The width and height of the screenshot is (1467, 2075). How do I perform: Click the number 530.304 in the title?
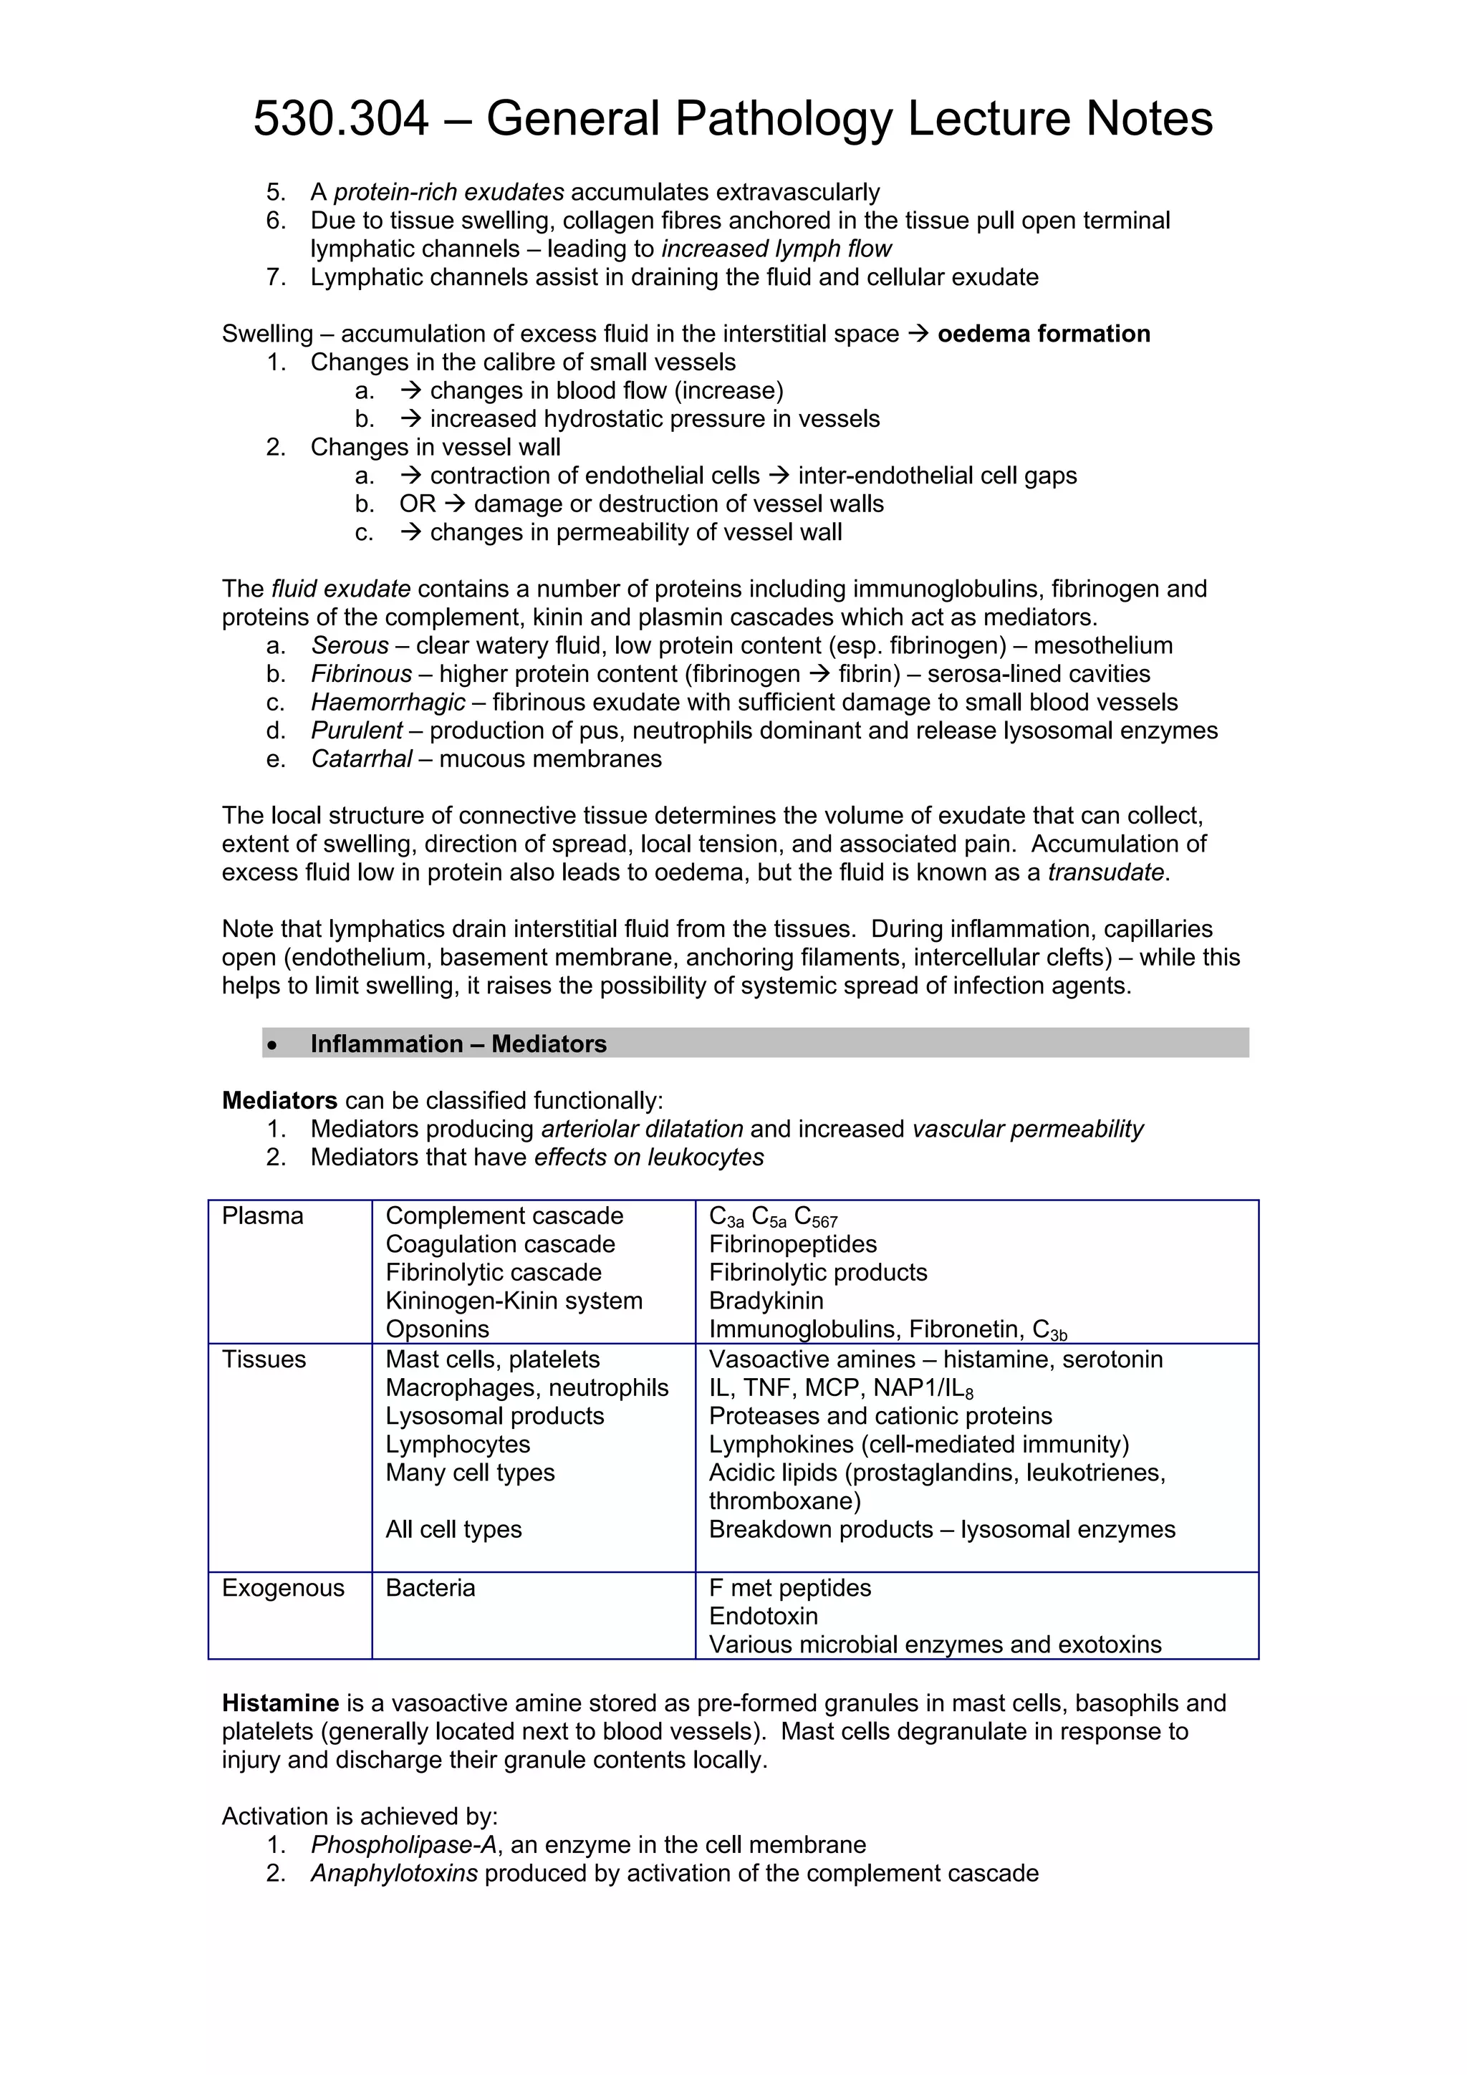[341, 118]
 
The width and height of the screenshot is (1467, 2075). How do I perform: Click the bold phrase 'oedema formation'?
[1043, 334]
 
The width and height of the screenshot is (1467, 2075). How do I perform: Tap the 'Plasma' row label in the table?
[262, 1216]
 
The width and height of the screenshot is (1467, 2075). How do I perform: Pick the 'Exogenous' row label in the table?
[283, 1589]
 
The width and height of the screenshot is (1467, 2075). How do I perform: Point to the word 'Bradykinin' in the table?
[766, 1301]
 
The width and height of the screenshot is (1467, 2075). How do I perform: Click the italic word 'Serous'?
[350, 645]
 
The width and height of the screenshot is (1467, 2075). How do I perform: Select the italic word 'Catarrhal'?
[362, 759]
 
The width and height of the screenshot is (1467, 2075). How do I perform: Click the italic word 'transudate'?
[1105, 873]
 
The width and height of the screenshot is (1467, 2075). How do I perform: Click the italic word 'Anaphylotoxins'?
[394, 1874]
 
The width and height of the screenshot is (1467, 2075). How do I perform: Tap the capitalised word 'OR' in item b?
[417, 504]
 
